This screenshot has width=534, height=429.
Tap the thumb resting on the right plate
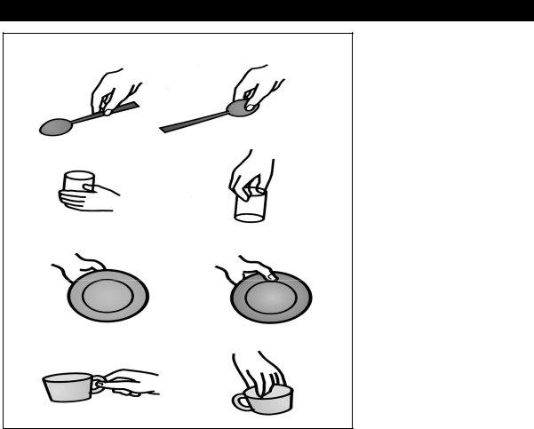tap(270, 276)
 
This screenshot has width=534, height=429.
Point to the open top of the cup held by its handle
tap(67, 377)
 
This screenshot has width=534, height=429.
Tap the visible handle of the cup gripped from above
tap(240, 401)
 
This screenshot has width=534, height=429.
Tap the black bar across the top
tap(267, 10)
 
